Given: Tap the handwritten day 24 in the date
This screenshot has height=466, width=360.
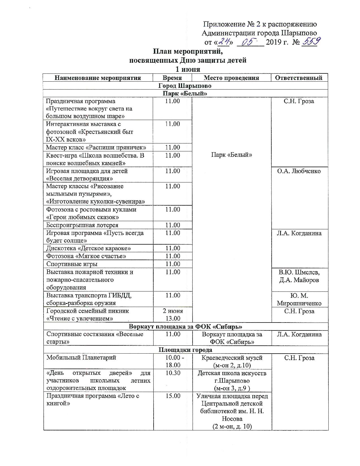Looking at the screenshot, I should click(x=224, y=42).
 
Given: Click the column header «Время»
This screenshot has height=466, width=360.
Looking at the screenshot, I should click(x=172, y=78).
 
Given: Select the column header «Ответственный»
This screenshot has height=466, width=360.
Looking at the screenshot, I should click(x=299, y=78).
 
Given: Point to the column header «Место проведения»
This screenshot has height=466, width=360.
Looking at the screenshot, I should click(x=231, y=78).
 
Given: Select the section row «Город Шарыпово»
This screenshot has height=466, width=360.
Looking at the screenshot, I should click(x=185, y=86).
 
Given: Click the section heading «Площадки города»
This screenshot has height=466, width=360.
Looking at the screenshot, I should click(x=185, y=350).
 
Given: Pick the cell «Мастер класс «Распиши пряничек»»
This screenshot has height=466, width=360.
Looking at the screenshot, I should click(x=96, y=147).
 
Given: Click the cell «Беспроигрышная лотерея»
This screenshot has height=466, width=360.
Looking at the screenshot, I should click(x=82, y=225).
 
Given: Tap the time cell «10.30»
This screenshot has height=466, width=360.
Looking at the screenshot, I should click(x=173, y=373).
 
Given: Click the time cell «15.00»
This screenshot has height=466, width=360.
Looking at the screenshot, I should click(x=173, y=396).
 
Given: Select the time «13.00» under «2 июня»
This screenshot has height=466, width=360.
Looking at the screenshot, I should click(x=173, y=319).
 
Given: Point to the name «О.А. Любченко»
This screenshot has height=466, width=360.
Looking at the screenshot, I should click(x=299, y=171).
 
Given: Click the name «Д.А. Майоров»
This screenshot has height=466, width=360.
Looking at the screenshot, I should click(x=299, y=280).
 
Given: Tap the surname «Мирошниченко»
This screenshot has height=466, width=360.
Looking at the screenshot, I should click(x=299, y=303).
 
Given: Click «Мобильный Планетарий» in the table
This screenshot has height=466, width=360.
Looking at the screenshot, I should click(x=81, y=358).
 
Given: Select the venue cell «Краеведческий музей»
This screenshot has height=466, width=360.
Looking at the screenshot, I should click(x=232, y=358).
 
